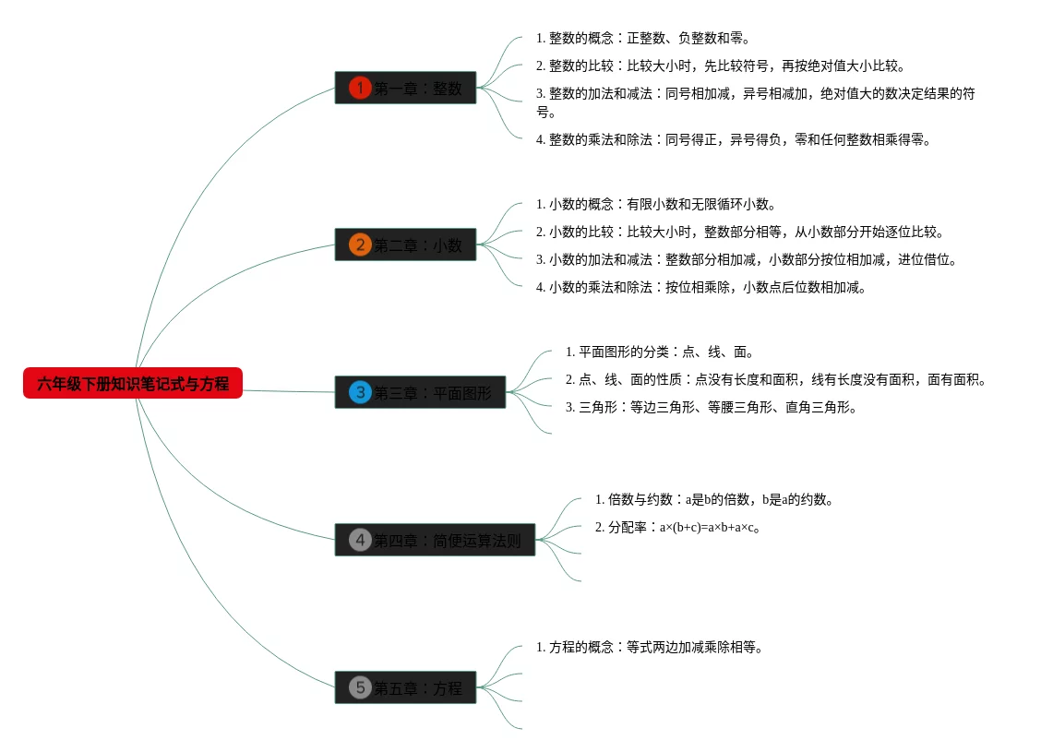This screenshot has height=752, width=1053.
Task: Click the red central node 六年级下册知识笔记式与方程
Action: coord(133,383)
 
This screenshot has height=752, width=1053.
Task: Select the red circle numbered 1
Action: coord(360,88)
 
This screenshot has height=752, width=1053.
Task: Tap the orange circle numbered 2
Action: coord(360,245)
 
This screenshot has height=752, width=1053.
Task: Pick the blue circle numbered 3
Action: coord(360,392)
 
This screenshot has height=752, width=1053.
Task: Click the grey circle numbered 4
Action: coord(360,540)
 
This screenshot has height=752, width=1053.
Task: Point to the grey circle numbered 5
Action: coord(360,687)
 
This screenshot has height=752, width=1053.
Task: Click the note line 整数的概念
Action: coord(642,39)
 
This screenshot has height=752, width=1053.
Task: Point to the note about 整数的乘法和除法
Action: coord(734,140)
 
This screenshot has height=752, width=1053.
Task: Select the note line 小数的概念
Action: coord(655,205)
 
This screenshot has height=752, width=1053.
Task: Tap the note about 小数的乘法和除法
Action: coord(701,288)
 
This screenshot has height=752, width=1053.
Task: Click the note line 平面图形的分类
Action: coord(661,352)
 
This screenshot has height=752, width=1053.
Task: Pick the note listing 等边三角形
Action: coord(711,408)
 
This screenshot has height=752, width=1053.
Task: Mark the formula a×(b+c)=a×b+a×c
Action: coord(709,528)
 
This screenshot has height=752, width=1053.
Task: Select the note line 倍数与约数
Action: coord(715,500)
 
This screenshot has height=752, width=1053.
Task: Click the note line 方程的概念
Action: coord(650,648)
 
